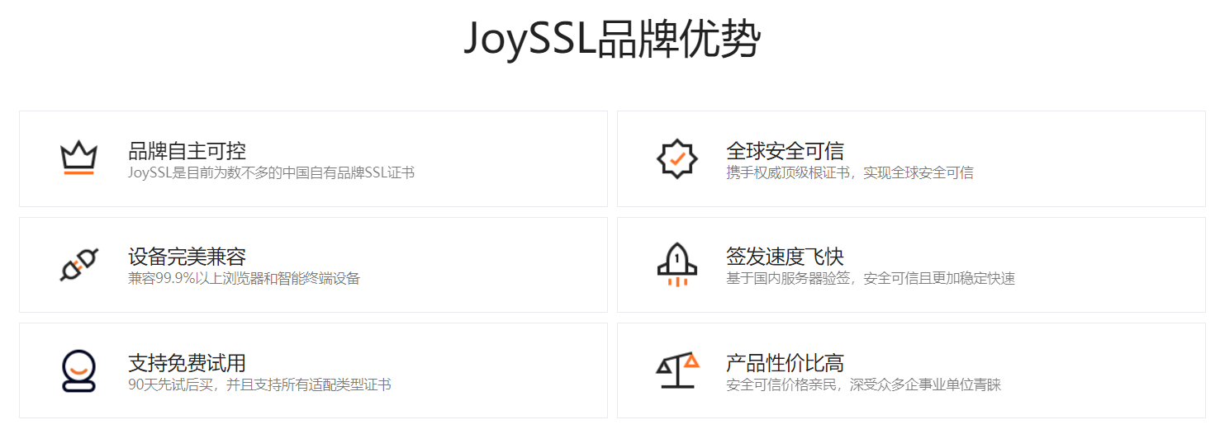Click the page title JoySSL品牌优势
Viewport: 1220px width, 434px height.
(x=610, y=39)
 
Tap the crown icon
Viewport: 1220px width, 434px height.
(x=78, y=157)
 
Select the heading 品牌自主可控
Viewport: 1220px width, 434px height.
(x=187, y=151)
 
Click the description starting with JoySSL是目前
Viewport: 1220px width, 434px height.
(x=271, y=172)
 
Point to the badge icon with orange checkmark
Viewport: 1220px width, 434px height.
(x=676, y=158)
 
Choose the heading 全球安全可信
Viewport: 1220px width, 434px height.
(x=785, y=151)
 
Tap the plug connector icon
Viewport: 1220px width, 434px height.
(x=79, y=264)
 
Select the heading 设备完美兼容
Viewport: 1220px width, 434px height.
(x=187, y=257)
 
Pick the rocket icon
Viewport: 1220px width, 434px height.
(x=676, y=264)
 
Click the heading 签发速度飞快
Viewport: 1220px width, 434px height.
(x=785, y=257)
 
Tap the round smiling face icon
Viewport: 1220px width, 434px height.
(x=78, y=370)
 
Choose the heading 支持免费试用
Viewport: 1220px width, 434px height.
(x=187, y=362)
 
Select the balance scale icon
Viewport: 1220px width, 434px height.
(x=676, y=370)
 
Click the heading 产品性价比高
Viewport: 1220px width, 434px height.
(x=785, y=362)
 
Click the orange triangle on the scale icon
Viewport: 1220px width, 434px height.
(x=691, y=360)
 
